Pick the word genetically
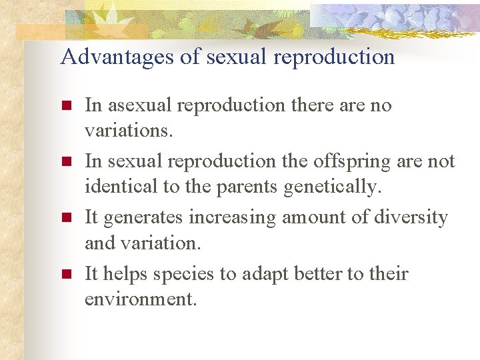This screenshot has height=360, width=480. (333, 188)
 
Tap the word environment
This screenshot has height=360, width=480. (140, 299)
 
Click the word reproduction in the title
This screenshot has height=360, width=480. (333, 57)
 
